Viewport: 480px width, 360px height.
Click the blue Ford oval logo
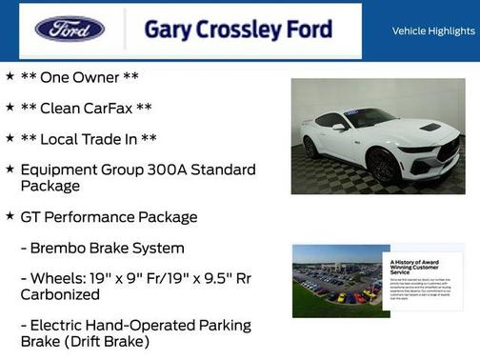70,29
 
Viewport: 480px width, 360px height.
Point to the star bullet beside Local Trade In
10,139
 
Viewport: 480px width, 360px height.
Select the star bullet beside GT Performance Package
10,216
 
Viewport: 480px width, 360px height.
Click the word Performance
92,217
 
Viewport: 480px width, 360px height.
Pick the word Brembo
64,249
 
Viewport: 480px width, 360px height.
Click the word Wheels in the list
62,279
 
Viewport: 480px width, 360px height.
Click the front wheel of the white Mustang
384,167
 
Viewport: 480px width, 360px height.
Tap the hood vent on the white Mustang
430,127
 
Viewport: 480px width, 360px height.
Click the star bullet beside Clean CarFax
10,108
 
